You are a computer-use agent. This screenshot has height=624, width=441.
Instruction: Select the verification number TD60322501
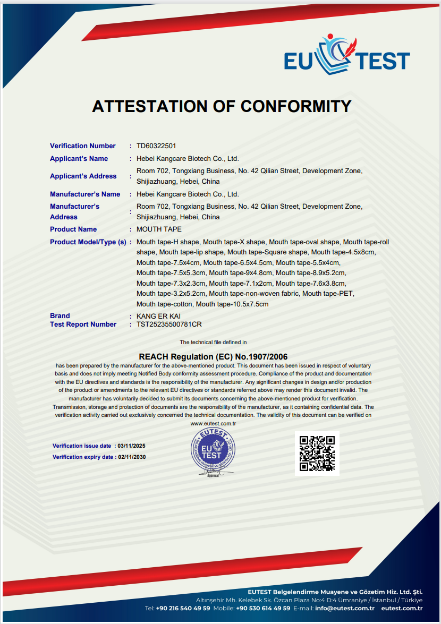pyautogui.click(x=156, y=146)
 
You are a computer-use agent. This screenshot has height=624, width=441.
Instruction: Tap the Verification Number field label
pyautogui.click(x=82, y=146)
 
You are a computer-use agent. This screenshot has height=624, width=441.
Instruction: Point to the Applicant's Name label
pyautogui.click(x=79, y=159)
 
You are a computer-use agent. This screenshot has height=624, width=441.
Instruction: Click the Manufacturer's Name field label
pyautogui.click(x=85, y=194)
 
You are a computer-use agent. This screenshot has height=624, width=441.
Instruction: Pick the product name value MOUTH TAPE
pyautogui.click(x=159, y=229)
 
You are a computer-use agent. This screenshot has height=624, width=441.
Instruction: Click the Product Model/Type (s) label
pyautogui.click(x=88, y=242)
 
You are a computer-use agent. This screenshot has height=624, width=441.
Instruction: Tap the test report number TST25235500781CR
pyautogui.click(x=169, y=324)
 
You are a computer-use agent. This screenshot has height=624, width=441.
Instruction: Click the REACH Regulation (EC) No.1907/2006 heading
pyautogui.click(x=213, y=357)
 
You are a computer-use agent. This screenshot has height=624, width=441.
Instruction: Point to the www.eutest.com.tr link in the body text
pyautogui.click(x=213, y=423)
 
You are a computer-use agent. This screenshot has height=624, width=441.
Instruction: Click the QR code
pyautogui.click(x=317, y=454)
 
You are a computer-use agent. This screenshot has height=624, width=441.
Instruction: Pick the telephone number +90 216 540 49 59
pyautogui.click(x=184, y=608)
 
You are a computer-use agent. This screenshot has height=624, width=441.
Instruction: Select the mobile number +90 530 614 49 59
pyautogui.click(x=263, y=608)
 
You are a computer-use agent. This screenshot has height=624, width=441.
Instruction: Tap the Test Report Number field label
pyautogui.click(x=83, y=324)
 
